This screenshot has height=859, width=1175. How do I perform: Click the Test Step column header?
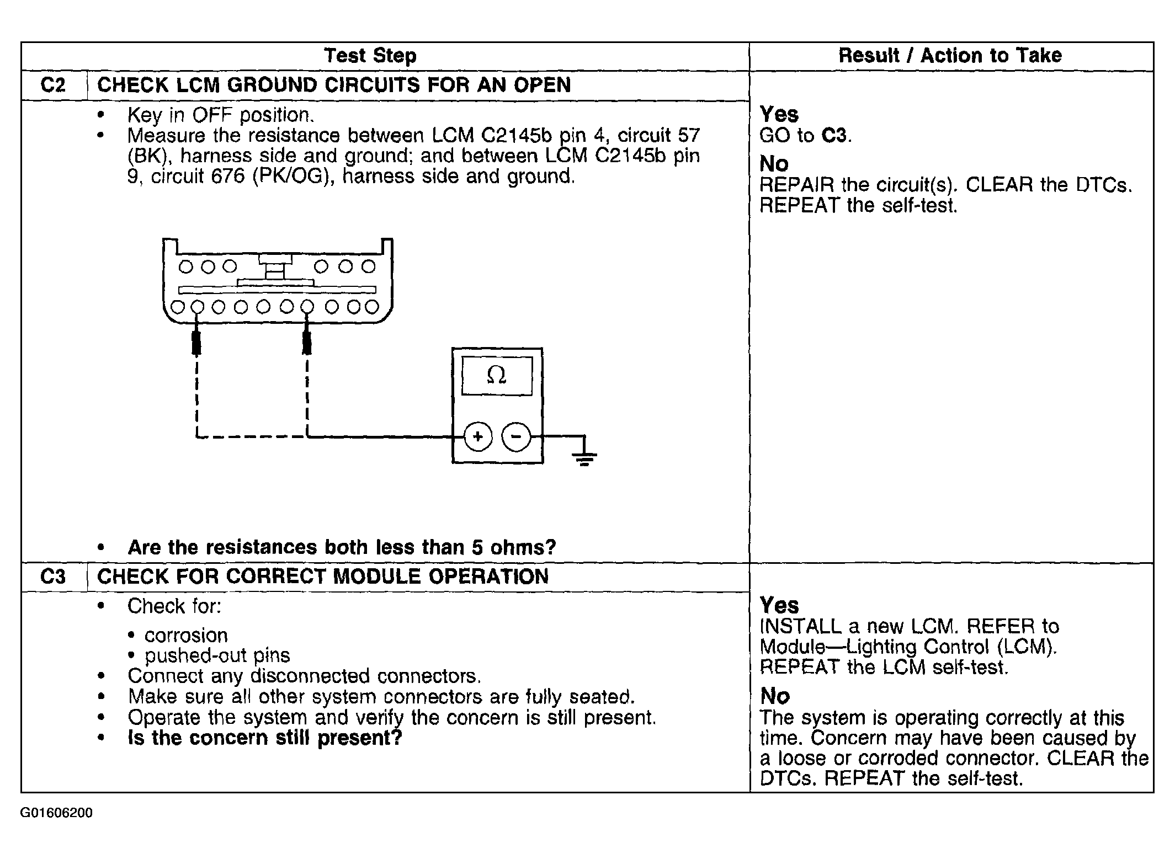pos(370,56)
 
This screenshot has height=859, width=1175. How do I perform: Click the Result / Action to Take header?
pos(950,56)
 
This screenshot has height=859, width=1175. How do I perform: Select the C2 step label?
pos(53,85)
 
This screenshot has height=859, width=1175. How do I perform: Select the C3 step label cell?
pos(53,577)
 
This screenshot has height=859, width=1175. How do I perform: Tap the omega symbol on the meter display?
pos(496,376)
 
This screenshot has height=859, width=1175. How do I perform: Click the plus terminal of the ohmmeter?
pos(478,437)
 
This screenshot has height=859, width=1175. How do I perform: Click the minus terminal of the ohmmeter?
pos(515,437)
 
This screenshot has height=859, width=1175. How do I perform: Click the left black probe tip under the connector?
pos(196,343)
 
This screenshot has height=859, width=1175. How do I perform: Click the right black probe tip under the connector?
pos(307,343)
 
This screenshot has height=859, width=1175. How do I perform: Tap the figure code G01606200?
pos(56,813)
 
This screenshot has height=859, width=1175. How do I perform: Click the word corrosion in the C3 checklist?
pos(186,635)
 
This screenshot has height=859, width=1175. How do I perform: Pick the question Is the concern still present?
pos(265,738)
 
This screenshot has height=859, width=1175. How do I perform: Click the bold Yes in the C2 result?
pos(779,114)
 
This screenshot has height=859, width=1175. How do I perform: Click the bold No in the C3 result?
pos(775,696)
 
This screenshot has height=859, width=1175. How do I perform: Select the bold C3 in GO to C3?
pos(834,135)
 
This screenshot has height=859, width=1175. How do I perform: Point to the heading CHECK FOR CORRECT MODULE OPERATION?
pos(323,577)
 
